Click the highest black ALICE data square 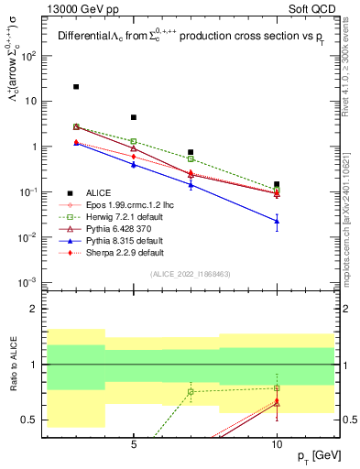[76, 87]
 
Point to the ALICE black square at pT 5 [134, 117]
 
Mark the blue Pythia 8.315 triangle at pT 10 [277, 221]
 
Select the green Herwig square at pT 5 [134, 141]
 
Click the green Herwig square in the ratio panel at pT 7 [191, 392]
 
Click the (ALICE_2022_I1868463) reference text [190, 274]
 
